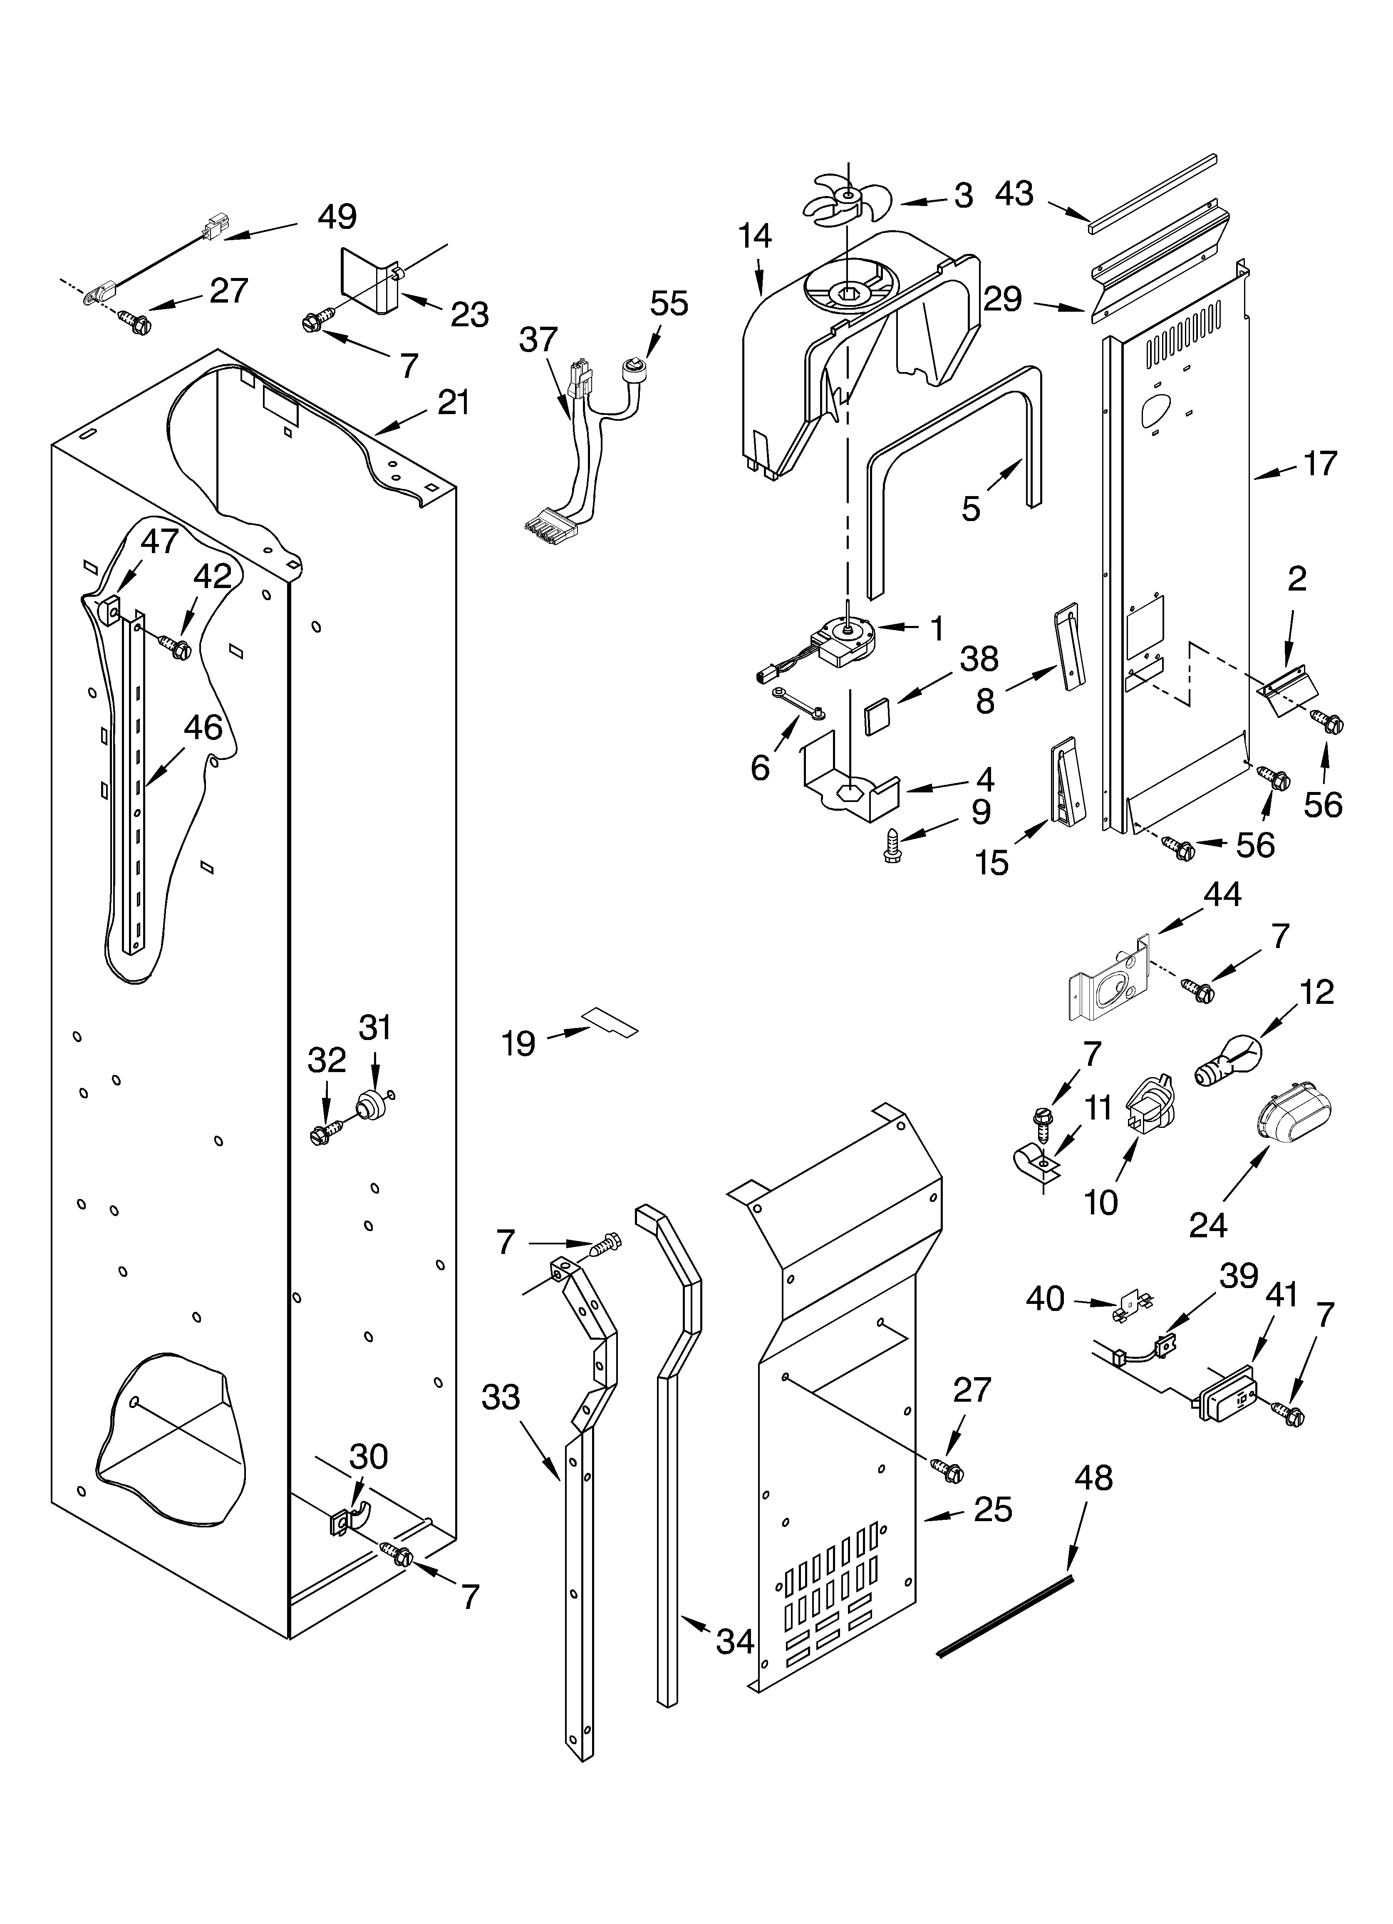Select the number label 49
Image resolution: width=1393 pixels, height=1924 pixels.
coord(337,217)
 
